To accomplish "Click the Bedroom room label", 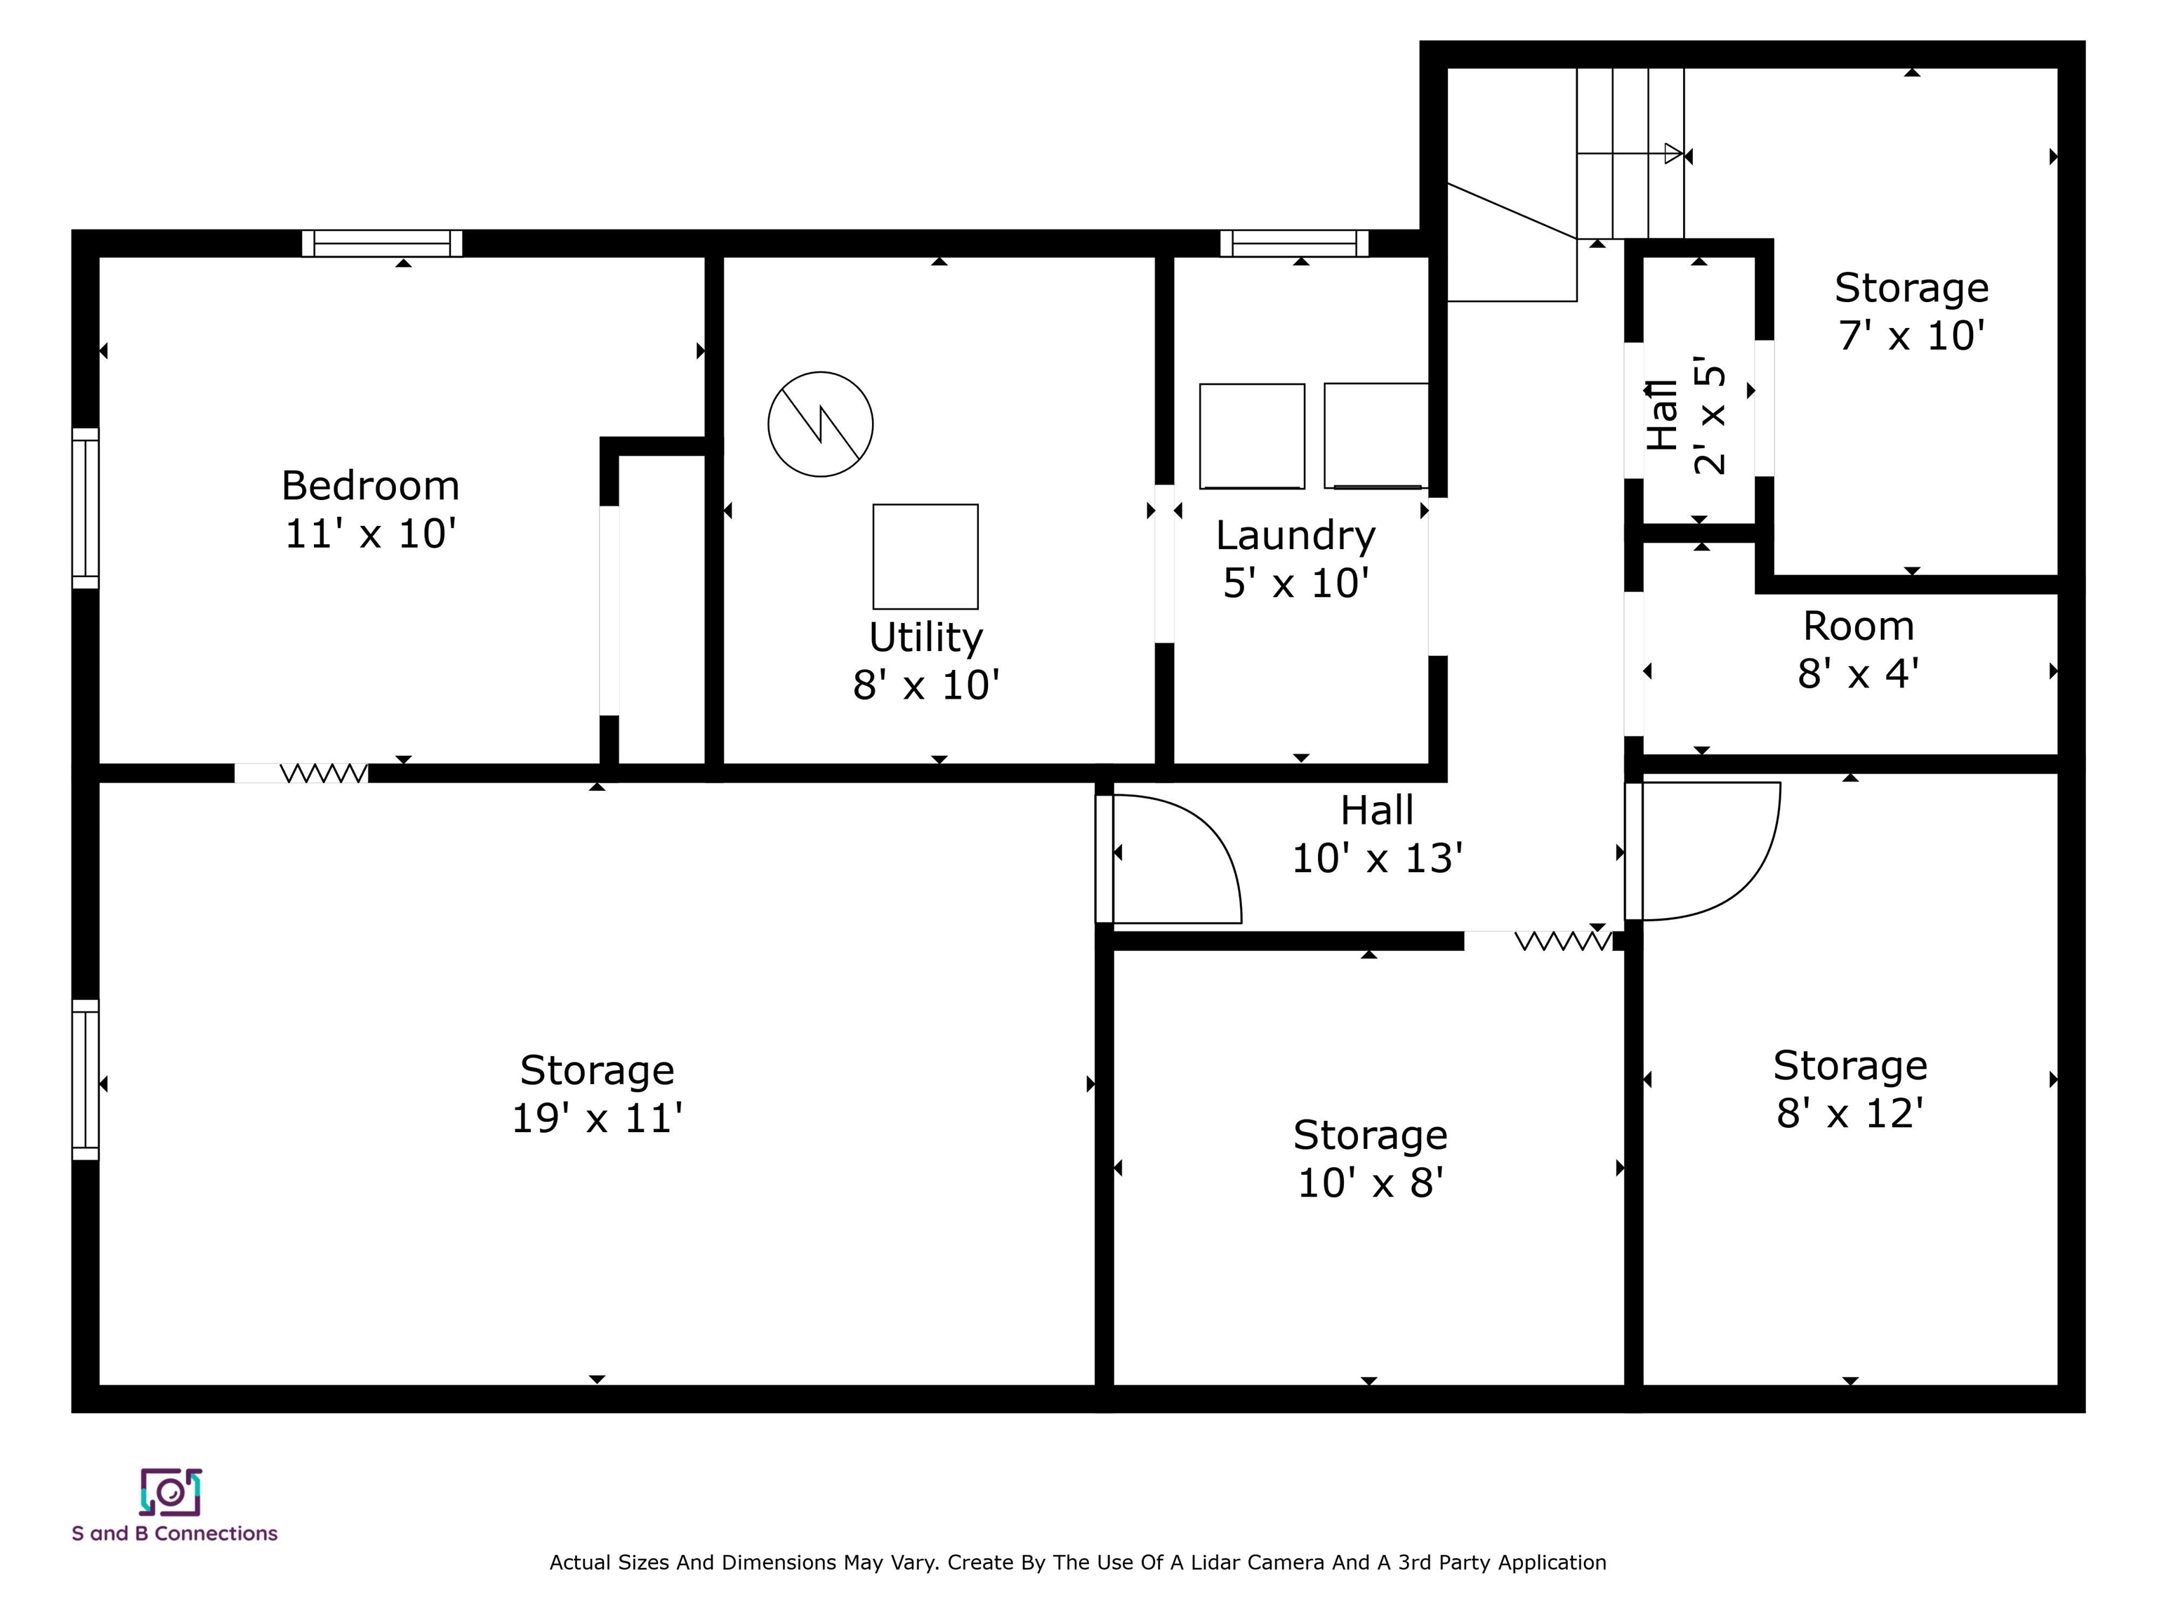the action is click(371, 486).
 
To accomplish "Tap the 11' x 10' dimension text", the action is click(371, 534).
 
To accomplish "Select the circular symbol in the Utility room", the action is click(820, 424).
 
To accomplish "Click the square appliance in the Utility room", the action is click(925, 557).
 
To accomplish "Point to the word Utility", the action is click(925, 638).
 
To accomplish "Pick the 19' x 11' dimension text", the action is click(597, 1119).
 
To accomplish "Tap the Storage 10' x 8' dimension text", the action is click(1370, 1183).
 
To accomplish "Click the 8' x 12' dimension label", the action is click(1850, 1113).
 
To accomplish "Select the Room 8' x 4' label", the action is click(1859, 650).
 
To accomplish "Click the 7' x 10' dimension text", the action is click(1911, 336).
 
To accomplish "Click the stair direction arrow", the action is click(1630, 154).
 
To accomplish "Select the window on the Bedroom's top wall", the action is click(382, 243).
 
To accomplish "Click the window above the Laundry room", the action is click(1294, 243).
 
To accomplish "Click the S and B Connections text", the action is click(175, 1533).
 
